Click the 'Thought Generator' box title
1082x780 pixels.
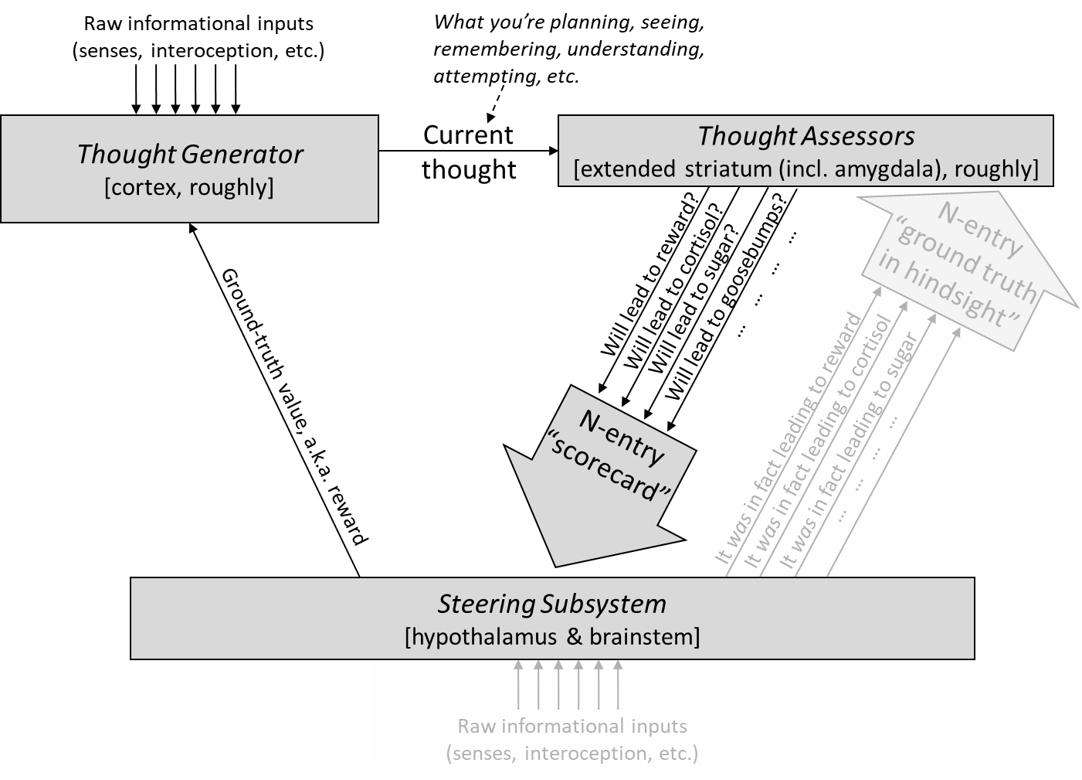190,155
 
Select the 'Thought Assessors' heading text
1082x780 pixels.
806,136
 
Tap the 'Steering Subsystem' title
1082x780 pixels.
551,604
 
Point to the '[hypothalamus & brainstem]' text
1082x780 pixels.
552,637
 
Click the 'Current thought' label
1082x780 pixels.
469,152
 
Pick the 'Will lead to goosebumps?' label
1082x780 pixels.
723,296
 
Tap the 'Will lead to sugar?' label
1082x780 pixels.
694,298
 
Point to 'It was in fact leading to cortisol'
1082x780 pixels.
817,442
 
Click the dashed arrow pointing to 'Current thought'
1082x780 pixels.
497,103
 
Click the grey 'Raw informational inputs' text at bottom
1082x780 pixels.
572,727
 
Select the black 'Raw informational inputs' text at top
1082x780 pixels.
198,24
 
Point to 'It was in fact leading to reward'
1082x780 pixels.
789,438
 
